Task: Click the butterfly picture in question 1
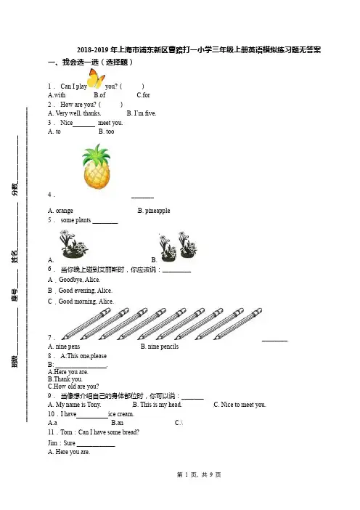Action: [97, 78]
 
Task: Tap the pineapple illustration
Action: [97, 166]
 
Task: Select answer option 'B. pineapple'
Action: [154, 211]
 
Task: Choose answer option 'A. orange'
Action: [60, 211]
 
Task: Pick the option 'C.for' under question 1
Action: [143, 95]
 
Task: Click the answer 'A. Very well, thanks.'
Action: [75, 113]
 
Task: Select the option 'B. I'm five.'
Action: [142, 113]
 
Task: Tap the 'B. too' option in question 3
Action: [106, 131]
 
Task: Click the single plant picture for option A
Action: [73, 244]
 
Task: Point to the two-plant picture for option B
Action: [178, 246]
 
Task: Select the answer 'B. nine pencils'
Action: [160, 347]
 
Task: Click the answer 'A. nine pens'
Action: [64, 347]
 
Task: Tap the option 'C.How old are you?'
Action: [73, 386]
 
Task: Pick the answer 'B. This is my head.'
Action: [157, 405]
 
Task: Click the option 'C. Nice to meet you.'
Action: [240, 405]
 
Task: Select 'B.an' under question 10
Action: [118, 423]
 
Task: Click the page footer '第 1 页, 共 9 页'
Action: [199, 475]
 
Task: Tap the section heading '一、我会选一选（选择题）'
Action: [90, 62]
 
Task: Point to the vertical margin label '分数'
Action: [15, 190]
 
